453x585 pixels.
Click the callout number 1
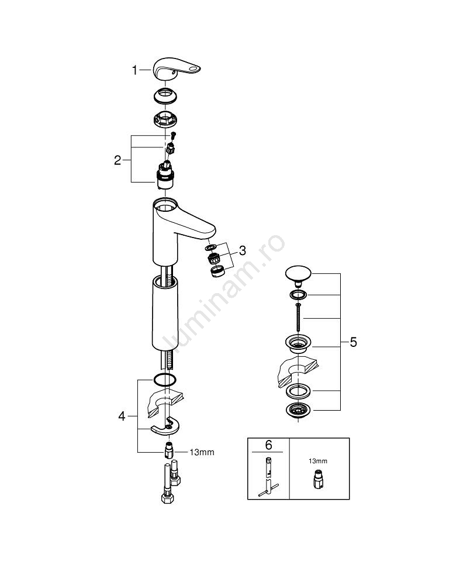point(134,71)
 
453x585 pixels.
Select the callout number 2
point(117,160)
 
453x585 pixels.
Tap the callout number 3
point(242,250)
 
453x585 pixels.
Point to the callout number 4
point(121,417)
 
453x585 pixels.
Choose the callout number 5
point(352,342)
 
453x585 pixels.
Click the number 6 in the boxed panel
point(268,445)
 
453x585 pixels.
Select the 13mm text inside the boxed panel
point(319,462)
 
